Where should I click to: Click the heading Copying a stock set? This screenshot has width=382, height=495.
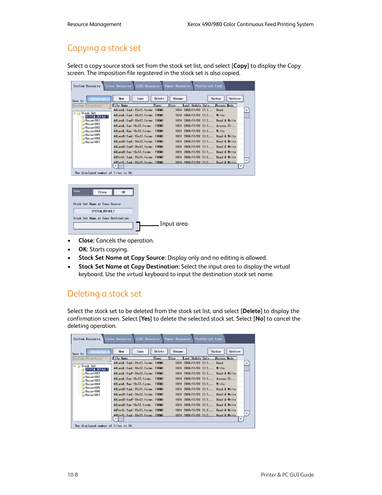click(104, 48)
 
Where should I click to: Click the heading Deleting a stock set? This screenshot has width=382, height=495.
click(105, 294)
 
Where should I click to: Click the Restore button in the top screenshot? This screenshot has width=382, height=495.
click(235, 99)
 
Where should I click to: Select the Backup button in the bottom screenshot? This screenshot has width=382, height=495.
click(216, 352)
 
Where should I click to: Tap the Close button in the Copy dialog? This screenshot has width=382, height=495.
click(103, 192)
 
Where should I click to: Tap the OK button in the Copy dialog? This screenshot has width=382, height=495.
click(123, 192)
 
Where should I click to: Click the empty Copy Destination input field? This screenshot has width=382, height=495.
click(103, 226)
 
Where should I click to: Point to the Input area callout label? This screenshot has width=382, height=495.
click(174, 224)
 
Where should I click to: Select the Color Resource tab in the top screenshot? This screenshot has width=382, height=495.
click(118, 86)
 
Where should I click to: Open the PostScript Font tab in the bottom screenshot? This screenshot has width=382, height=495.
click(209, 339)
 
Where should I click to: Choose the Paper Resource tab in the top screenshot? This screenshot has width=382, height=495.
click(177, 86)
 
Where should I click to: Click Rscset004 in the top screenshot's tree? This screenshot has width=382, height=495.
click(92, 131)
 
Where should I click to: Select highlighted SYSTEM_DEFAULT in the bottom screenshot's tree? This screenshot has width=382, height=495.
click(97, 370)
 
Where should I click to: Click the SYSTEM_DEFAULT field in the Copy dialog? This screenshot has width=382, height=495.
click(103, 211)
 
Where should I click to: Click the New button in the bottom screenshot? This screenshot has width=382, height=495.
click(121, 352)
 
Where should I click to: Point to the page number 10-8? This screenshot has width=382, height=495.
click(72, 475)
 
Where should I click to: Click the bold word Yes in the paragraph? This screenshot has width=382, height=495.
click(145, 319)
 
